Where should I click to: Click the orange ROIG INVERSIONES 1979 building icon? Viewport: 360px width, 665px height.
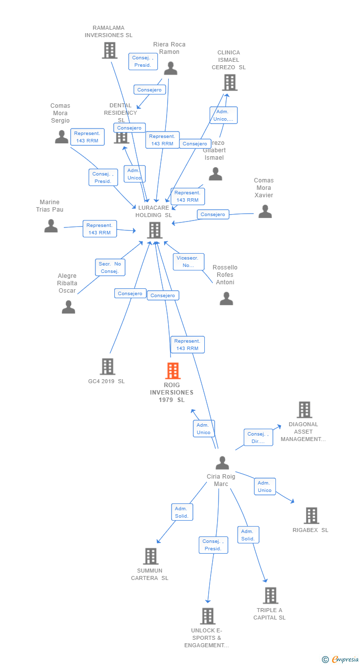tap(173, 371)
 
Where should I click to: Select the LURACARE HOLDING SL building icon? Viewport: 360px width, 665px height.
tap(155, 230)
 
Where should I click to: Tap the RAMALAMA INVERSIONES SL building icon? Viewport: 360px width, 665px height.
tap(109, 50)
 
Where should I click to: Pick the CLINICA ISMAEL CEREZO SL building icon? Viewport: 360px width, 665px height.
tap(229, 83)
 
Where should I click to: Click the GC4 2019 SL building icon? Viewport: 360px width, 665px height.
tap(107, 367)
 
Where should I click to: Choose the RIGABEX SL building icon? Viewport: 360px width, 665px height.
tap(311, 516)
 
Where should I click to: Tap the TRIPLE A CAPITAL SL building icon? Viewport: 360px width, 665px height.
tap(270, 596)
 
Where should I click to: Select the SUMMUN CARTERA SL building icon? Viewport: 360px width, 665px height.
tap(150, 556)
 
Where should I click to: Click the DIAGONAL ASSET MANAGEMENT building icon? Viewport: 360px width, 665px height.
tap(304, 410)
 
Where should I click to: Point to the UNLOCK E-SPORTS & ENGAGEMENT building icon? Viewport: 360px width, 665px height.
tap(207, 616)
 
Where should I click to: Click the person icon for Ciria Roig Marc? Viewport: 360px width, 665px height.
tap(222, 463)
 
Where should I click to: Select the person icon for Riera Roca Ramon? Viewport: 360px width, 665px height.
tap(170, 68)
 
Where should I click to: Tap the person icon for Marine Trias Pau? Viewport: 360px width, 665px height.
tap(51, 226)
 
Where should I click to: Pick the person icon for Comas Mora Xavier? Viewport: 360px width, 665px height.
tap(265, 212)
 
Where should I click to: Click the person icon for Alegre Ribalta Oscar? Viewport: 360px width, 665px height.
tap(68, 307)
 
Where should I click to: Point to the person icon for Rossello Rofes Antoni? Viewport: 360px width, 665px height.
tap(226, 299)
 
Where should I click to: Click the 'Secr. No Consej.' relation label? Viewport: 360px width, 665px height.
tap(110, 267)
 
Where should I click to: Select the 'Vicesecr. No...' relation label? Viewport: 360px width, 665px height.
tap(188, 262)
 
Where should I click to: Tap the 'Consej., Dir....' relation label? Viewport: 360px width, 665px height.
tap(258, 438)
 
